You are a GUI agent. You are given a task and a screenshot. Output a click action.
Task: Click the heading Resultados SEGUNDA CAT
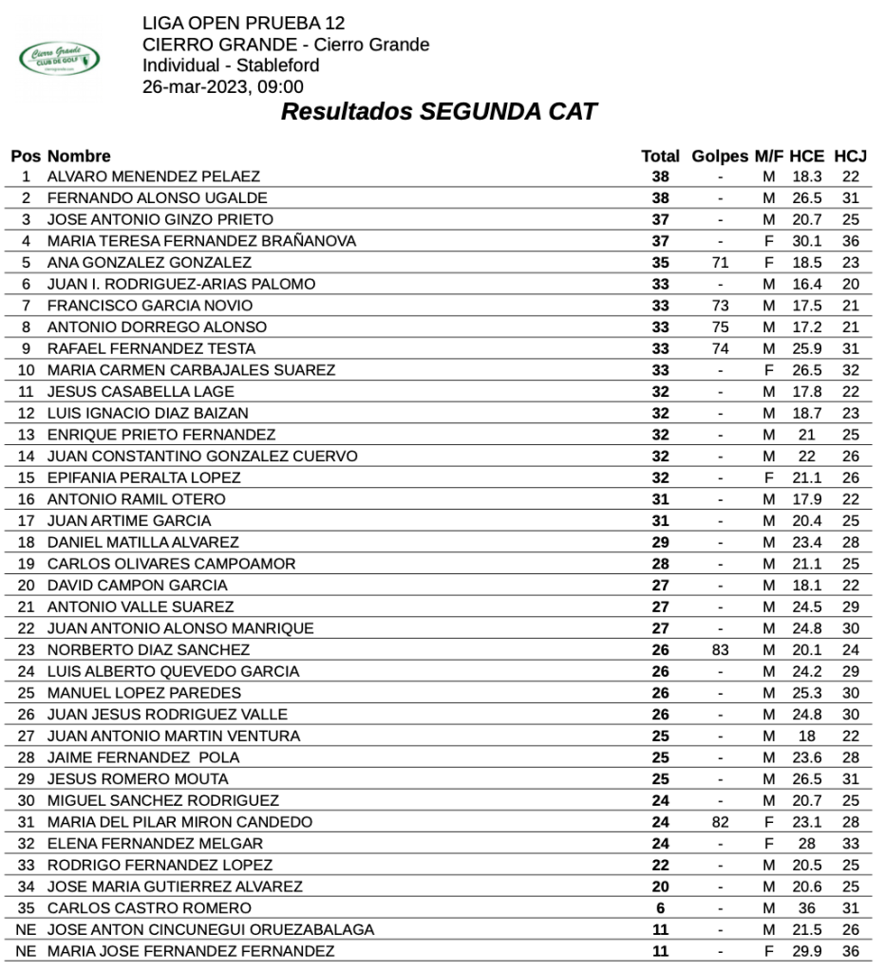pos(439,112)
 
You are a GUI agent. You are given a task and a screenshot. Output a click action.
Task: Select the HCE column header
pos(806,156)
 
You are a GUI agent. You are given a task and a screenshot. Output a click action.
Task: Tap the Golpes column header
pos(721,156)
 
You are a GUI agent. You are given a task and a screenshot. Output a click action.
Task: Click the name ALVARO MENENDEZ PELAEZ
pos(154,177)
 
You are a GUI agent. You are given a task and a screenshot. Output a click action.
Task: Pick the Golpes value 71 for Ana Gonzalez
pos(721,263)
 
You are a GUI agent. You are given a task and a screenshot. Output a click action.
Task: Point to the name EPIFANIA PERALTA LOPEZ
pos(144,477)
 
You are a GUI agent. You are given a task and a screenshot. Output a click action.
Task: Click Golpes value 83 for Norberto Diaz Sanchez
pos(721,650)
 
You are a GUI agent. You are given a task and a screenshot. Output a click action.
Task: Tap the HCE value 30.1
pos(806,241)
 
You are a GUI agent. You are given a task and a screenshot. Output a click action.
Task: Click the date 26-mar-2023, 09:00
pos(223,86)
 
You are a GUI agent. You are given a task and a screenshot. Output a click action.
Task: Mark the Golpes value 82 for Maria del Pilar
pos(721,822)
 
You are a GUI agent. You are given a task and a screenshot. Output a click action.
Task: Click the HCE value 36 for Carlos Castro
pos(806,908)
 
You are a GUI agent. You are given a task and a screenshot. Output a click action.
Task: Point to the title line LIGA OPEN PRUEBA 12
pos(244,23)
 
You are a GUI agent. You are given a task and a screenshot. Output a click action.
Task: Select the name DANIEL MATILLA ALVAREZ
pos(143,542)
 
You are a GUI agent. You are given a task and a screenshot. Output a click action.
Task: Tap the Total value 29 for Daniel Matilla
pos(661,542)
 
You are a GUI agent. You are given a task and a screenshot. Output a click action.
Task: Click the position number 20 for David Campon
pos(27,586)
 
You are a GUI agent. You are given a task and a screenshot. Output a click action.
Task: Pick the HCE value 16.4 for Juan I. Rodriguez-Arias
pos(806,284)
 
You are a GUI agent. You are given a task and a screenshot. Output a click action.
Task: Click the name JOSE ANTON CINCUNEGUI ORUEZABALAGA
pos(211,929)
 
